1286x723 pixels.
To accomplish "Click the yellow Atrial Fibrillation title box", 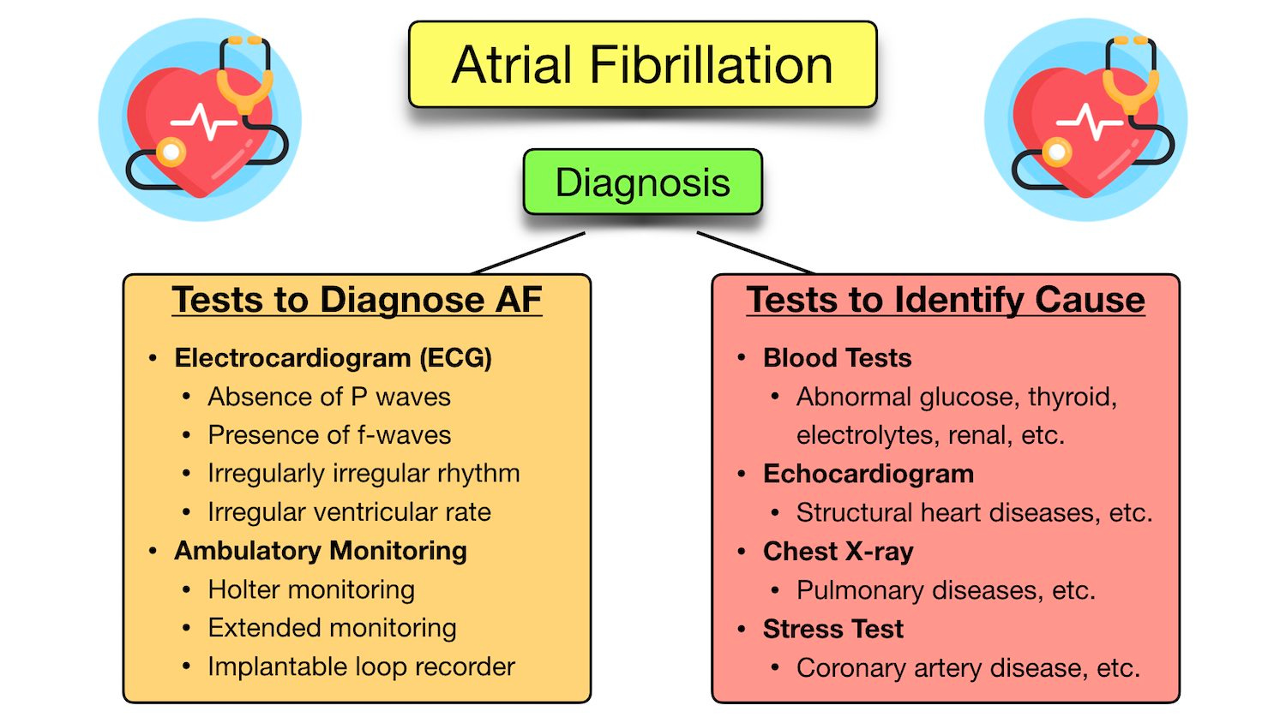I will [x=642, y=65].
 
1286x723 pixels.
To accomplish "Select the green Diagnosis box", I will [x=642, y=182].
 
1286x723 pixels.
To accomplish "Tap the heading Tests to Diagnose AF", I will [x=357, y=300].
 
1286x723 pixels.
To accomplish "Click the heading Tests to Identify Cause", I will [x=946, y=300].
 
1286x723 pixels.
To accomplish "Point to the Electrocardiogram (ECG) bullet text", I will [x=333, y=358].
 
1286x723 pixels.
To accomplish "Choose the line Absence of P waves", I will [x=328, y=397].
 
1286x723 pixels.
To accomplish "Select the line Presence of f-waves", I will [x=329, y=435].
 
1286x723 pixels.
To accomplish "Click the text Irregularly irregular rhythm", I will [x=364, y=474].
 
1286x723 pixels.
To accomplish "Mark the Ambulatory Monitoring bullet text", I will [x=321, y=551].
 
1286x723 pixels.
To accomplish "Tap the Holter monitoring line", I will [x=311, y=589].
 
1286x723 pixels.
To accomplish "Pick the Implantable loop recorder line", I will [x=361, y=666].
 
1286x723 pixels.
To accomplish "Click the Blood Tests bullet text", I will [x=837, y=358].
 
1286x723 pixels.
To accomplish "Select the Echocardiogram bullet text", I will [x=868, y=474].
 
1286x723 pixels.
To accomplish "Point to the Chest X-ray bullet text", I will [x=838, y=552].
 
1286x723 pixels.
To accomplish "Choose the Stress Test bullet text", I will [x=832, y=629].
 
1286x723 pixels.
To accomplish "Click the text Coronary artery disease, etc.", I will [x=968, y=668].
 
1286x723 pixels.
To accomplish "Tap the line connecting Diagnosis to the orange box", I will [x=529, y=253].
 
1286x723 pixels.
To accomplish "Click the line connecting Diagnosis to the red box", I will [x=754, y=253].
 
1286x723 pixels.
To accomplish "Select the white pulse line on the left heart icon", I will [x=204, y=123].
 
